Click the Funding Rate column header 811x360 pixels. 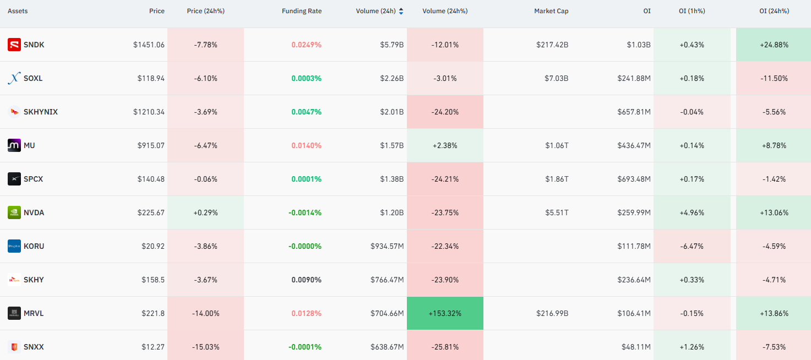[302, 11]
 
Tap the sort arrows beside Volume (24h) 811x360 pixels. [401, 11]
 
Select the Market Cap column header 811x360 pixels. [551, 11]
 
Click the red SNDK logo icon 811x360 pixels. [14, 45]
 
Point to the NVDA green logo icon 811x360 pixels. [14, 212]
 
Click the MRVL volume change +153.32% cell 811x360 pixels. [445, 313]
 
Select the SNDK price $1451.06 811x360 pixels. [149, 45]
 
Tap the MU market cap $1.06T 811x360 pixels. [557, 145]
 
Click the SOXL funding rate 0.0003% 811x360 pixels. [306, 79]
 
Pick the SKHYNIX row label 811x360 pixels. [41, 112]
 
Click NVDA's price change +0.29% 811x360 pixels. [206, 212]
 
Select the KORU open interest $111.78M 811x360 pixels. [634, 247]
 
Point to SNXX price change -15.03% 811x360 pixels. [206, 347]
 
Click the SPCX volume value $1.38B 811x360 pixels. [392, 179]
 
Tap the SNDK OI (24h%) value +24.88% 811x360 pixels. [774, 45]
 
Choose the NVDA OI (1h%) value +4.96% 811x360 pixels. [692, 212]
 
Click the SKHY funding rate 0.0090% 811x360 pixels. [306, 280]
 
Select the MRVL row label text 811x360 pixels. [34, 313]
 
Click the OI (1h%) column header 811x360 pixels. [692, 11]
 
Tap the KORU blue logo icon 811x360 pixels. [14, 247]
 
